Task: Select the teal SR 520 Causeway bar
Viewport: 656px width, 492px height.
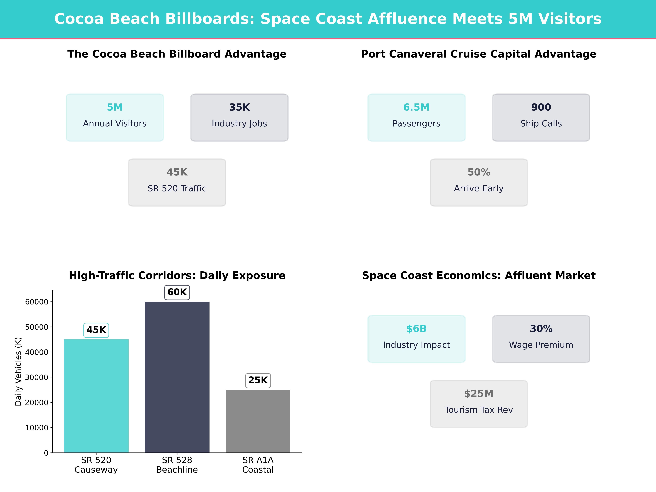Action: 96,396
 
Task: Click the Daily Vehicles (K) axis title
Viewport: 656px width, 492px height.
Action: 18,371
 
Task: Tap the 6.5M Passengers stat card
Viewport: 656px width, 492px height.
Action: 416,117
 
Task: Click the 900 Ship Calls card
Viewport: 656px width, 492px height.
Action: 541,117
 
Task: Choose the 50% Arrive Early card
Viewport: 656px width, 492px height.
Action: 479,182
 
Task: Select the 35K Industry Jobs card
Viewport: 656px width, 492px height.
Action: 239,117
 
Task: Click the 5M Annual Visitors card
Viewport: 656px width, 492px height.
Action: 115,117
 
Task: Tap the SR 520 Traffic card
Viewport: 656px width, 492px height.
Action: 177,182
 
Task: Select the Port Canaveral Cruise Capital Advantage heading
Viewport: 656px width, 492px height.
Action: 479,54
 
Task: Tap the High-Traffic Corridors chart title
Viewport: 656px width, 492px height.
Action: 177,276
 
